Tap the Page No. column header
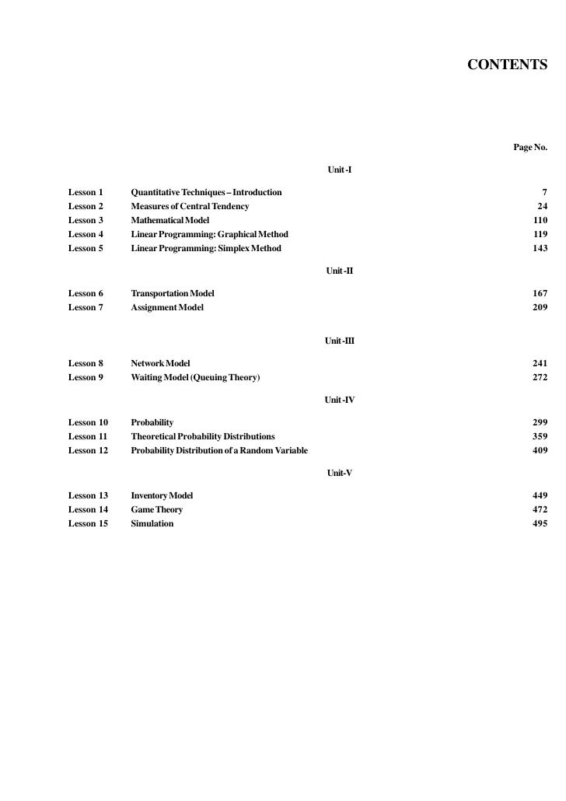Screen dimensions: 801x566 coord(530,147)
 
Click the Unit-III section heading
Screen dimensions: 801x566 coord(341,341)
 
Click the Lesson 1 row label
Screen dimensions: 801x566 coord(86,192)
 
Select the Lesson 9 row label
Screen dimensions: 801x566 coord(86,378)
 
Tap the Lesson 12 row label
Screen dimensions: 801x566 coord(88,451)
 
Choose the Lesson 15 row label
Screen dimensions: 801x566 coord(88,524)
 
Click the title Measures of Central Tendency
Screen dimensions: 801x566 coord(190,206)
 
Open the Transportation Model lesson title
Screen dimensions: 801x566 coord(173,294)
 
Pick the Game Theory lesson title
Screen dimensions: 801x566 coord(157,510)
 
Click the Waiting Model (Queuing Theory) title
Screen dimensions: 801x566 coord(195,378)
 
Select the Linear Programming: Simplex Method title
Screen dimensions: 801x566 coord(206,249)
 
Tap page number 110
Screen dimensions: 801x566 coord(540,221)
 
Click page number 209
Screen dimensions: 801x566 coord(540,308)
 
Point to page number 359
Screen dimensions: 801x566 coord(540,437)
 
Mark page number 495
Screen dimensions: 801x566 coord(540,524)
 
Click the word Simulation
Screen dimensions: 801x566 coord(152,524)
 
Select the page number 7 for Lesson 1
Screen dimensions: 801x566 coord(544,192)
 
